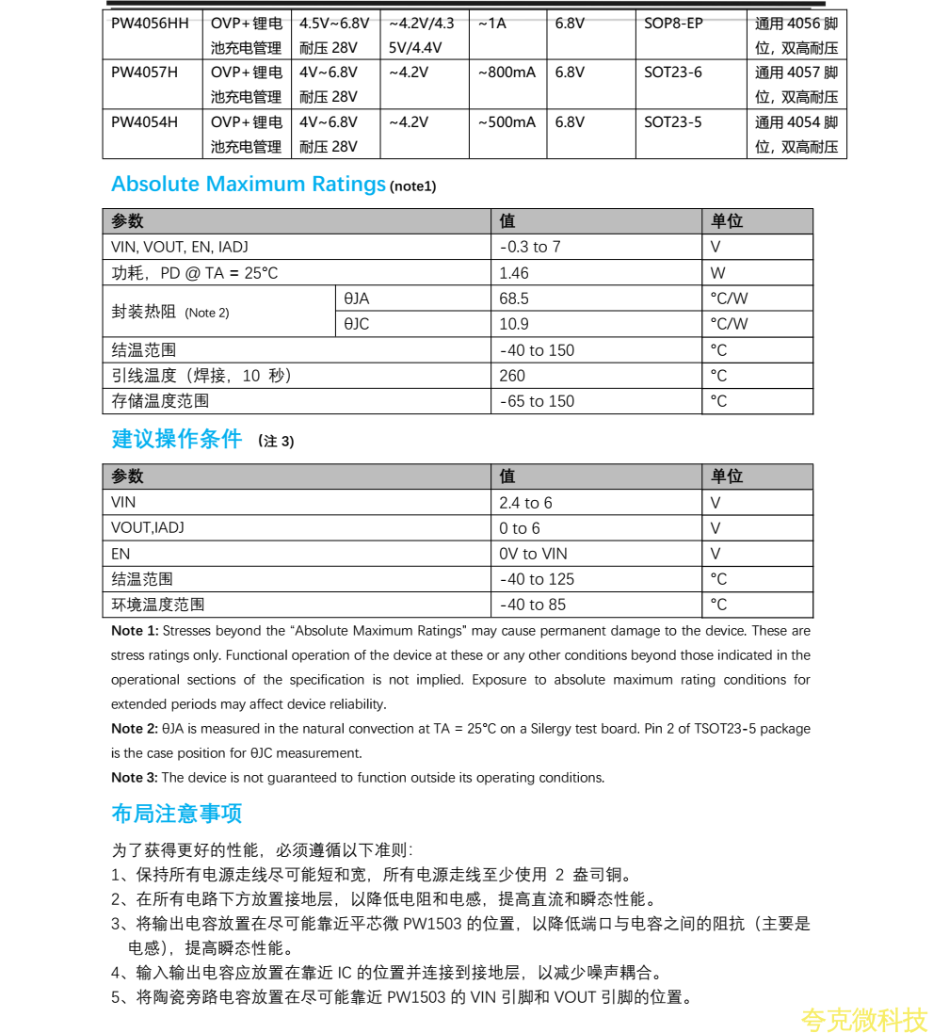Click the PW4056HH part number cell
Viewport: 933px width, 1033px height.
[x=150, y=24]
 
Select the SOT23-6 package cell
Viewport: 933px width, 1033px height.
[x=672, y=73]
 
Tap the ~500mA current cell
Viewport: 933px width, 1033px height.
[x=507, y=122]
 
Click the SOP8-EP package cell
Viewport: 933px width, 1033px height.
[x=673, y=24]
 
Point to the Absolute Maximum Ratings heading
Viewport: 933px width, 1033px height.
[x=249, y=185]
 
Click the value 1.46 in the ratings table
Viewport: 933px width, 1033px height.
[x=514, y=273]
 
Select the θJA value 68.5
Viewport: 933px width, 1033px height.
[x=514, y=299]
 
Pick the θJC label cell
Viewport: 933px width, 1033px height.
[x=357, y=324]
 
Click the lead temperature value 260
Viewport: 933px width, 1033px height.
[x=512, y=376]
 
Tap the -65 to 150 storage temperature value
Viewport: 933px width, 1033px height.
[x=537, y=401]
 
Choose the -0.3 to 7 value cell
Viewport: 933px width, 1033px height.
[x=530, y=248]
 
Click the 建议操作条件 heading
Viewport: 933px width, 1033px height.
[x=177, y=440]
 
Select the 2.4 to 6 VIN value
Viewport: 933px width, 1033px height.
[x=525, y=503]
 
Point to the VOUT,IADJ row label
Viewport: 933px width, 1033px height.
[x=148, y=528]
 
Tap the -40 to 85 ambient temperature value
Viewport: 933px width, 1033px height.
[x=532, y=605]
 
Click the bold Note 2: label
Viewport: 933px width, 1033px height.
[x=134, y=729]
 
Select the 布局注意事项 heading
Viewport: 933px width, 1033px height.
[x=177, y=814]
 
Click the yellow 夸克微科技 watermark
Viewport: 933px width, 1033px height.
[x=863, y=1019]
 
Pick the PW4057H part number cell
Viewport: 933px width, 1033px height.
[x=144, y=73]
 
